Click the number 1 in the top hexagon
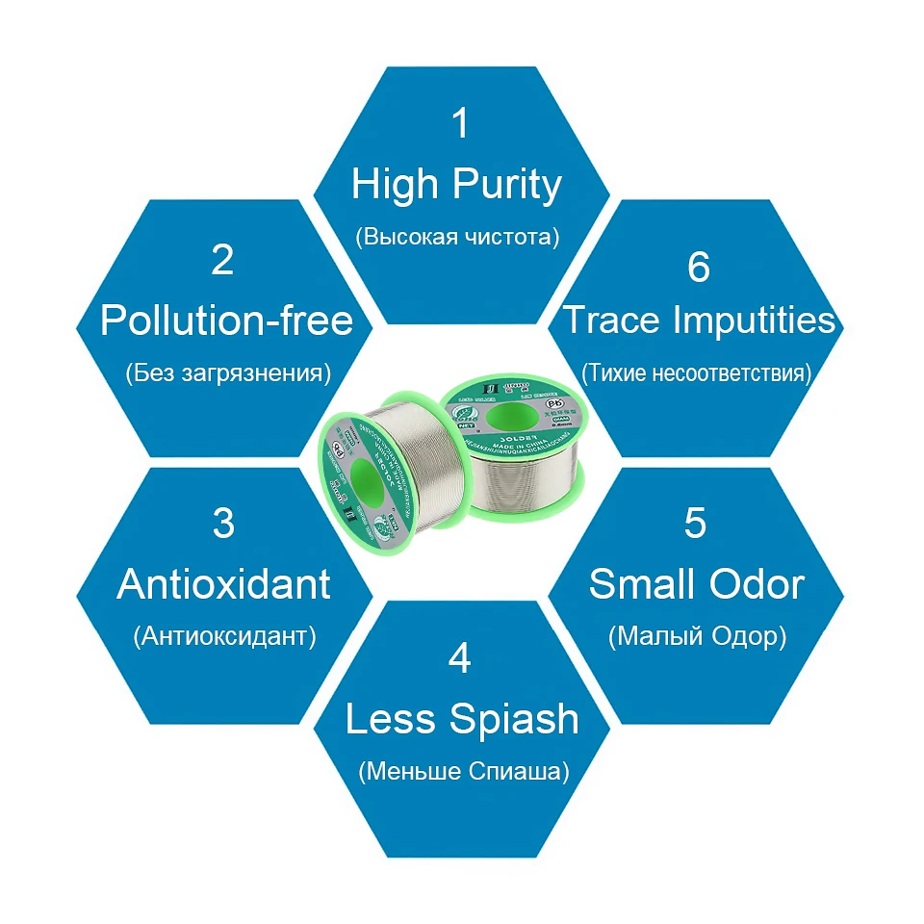coord(461,123)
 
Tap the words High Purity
coord(456,184)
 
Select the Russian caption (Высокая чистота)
coord(456,237)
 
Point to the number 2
coord(222,259)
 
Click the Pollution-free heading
coord(227,321)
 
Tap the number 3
coord(222,523)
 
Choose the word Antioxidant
coord(224,584)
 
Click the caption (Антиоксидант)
coord(225,636)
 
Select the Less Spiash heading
coord(462,719)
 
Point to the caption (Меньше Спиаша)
coord(463,772)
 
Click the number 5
coord(695,523)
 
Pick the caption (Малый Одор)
coord(697,636)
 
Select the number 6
coord(698,267)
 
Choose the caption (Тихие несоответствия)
coord(697,372)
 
